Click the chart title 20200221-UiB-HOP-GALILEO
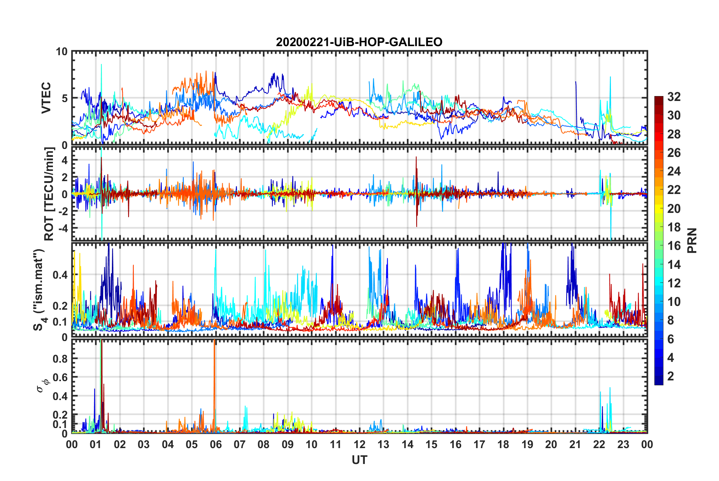click(359, 42)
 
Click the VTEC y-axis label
click(46, 98)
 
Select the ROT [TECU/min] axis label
click(49, 194)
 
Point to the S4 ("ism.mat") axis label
click(39, 290)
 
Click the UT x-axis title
click(359, 460)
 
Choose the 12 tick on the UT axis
click(359, 444)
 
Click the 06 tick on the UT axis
click(215, 444)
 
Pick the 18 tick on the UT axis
click(503, 444)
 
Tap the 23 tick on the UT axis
click(623, 444)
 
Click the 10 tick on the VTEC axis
click(62, 52)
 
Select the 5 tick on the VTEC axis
click(65, 98)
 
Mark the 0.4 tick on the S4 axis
click(60, 275)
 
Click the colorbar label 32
click(674, 97)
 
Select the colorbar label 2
click(671, 376)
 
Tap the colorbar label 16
click(674, 246)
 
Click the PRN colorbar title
click(692, 240)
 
